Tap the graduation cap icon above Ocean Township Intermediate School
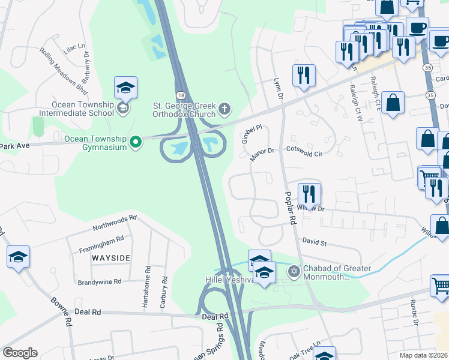(125, 88)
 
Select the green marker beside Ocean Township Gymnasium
(136, 142)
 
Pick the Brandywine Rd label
(100, 281)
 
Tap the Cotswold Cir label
(304, 154)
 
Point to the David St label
(314, 243)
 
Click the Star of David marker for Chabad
(294, 272)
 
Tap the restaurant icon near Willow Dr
(309, 194)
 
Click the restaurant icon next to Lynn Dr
(304, 76)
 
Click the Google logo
(20, 353)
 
